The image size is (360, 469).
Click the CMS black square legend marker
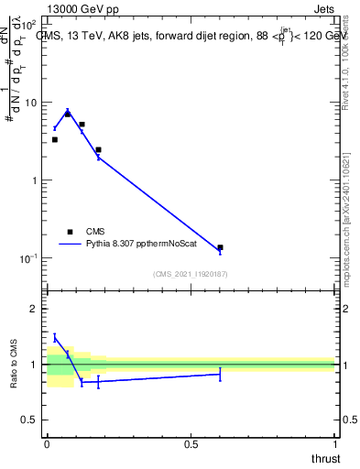70,233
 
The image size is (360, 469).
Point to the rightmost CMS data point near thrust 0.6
220,247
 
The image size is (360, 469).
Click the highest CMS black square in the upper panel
68,114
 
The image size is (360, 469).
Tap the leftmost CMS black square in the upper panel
54,139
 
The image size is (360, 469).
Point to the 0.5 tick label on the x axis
191,444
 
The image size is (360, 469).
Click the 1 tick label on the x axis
335,444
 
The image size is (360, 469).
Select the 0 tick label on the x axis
47,444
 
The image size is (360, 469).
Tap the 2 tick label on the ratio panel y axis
34,309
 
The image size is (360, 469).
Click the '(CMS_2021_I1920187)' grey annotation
190,274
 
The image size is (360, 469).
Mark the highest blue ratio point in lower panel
54,337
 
